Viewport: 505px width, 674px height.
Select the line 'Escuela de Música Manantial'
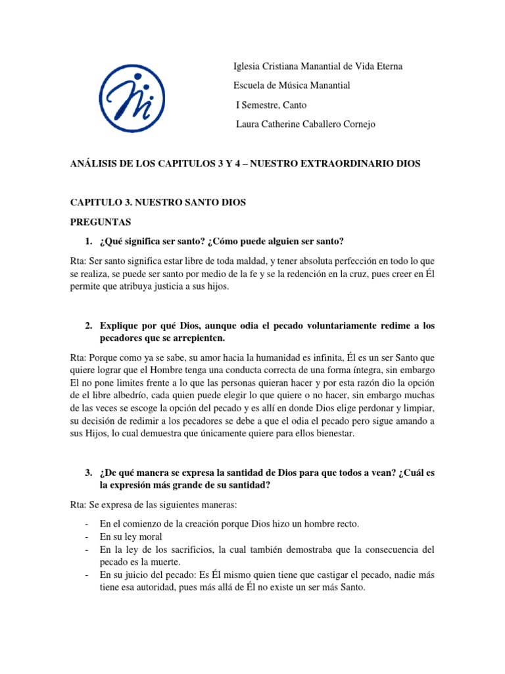[292, 86]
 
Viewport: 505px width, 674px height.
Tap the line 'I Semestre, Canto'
[271, 105]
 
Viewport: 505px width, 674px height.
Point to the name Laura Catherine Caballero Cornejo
[306, 124]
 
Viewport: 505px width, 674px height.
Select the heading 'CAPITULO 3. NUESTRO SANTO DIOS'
[158, 203]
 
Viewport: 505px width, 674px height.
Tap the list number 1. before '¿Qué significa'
[89, 241]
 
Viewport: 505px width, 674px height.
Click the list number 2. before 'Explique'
[89, 326]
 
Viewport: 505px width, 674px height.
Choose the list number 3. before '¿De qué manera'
[89, 473]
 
